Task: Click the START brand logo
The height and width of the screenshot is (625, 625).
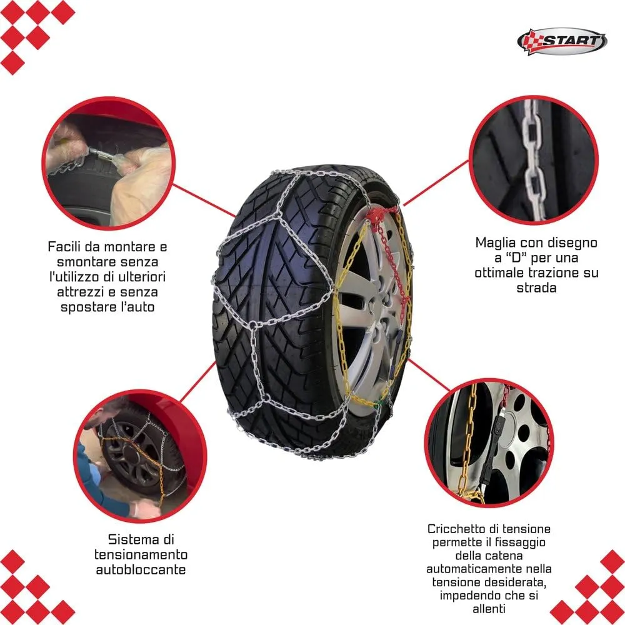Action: [x=562, y=41]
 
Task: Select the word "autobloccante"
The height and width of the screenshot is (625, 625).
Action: [x=141, y=569]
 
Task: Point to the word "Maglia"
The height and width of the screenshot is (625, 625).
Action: [x=496, y=242]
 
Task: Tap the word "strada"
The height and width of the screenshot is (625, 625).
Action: [x=536, y=287]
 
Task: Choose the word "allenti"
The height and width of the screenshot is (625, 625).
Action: [x=489, y=609]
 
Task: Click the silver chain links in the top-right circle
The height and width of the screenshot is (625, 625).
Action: [x=533, y=159]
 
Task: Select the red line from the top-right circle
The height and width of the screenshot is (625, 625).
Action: [x=436, y=183]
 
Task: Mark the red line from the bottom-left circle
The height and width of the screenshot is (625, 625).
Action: [x=197, y=382]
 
